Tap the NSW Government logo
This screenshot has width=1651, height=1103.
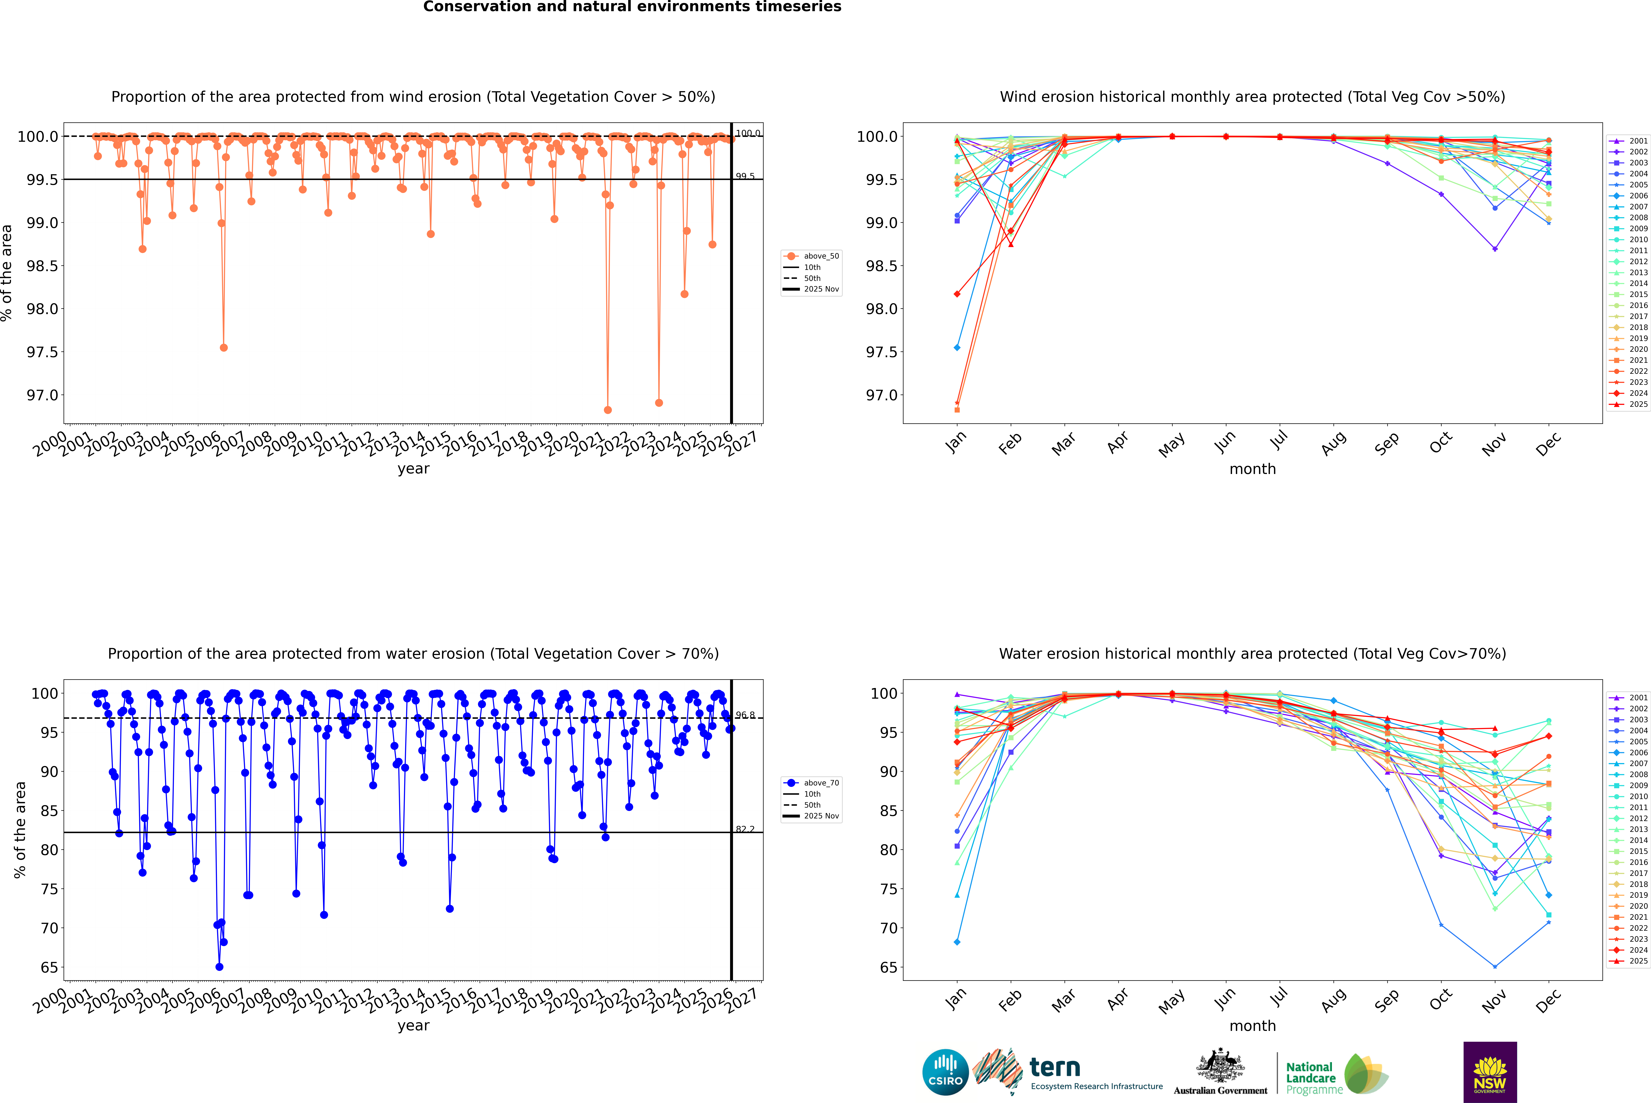[1490, 1072]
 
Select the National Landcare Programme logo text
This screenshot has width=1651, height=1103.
[1310, 1078]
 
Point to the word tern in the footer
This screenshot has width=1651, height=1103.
[1054, 1067]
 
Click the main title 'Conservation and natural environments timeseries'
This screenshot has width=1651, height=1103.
[632, 7]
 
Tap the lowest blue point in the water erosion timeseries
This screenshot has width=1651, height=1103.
[220, 966]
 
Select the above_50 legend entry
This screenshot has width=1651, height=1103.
[821, 256]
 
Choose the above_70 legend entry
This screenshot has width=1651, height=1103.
[821, 783]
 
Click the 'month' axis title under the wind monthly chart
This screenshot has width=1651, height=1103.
[1252, 469]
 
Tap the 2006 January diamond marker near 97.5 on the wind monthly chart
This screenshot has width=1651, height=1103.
[957, 347]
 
